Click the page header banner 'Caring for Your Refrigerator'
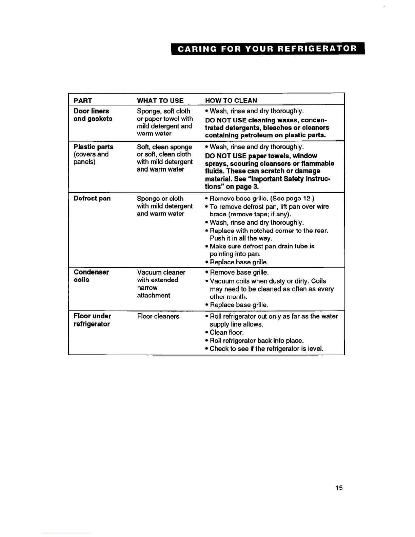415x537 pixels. [268, 48]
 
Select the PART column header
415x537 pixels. [83, 100]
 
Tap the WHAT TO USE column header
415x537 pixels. [160, 100]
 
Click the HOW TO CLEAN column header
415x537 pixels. [231, 100]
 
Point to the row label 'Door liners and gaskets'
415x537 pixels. [93, 115]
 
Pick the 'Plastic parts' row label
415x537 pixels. [94, 147]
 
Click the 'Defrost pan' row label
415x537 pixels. [92, 198]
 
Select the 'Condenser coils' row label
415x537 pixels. [91, 276]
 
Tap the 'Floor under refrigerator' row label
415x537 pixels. [92, 320]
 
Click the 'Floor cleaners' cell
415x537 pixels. [158, 316]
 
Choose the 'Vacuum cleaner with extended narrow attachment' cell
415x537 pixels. [161, 284]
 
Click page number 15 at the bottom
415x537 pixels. [339, 488]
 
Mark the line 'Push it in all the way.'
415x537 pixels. [241, 238]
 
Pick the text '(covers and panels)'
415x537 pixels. [91, 158]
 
